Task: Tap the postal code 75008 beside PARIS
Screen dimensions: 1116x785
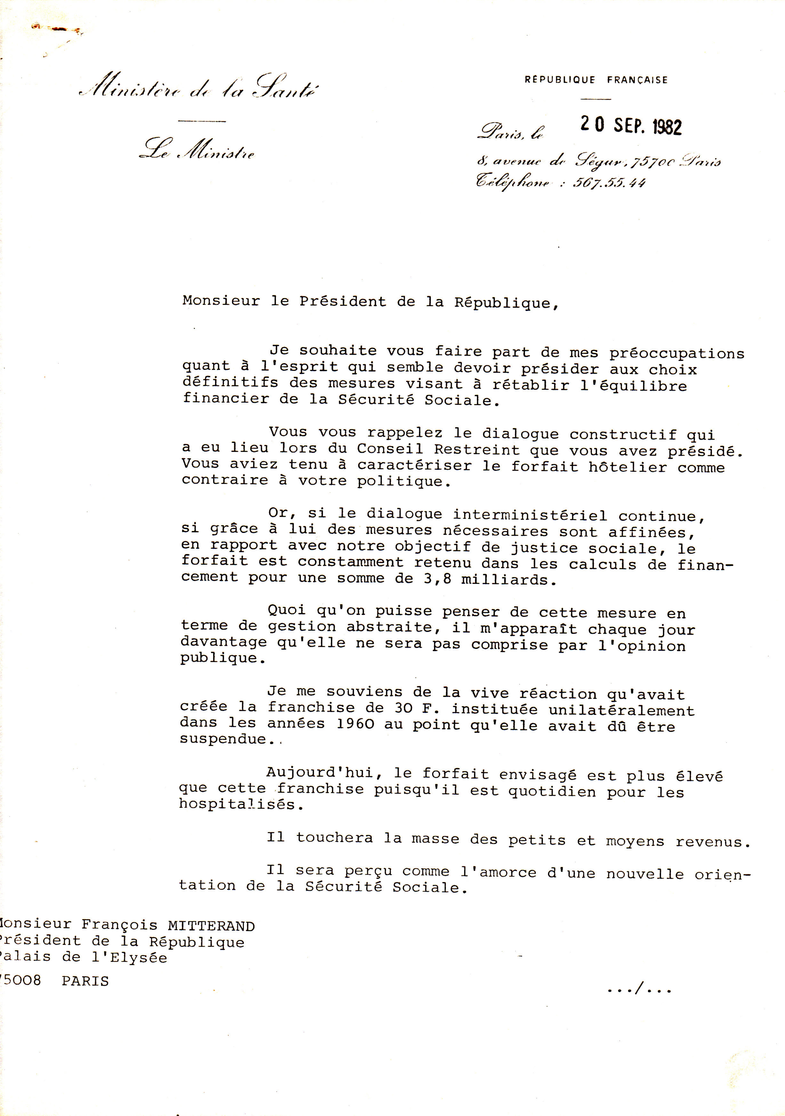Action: pos(20,980)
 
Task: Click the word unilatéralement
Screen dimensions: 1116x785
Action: pos(622,710)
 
